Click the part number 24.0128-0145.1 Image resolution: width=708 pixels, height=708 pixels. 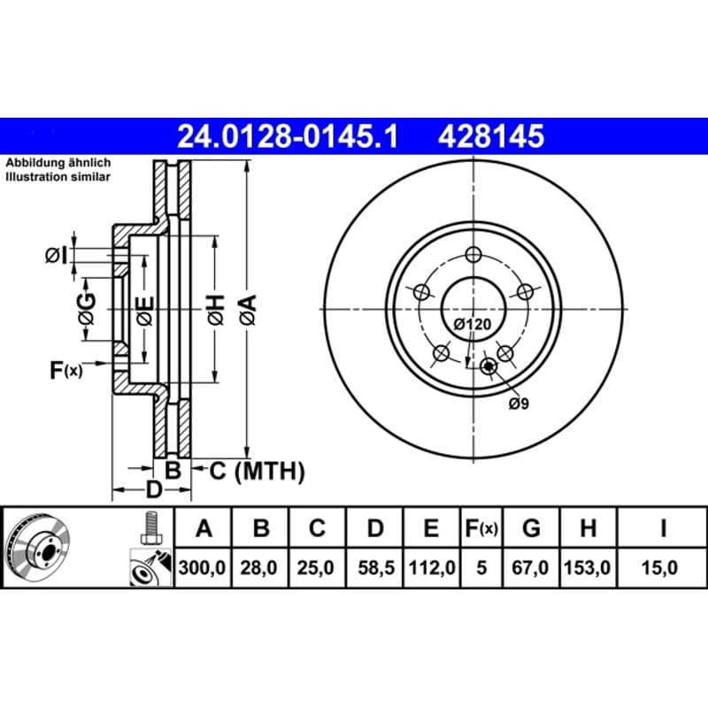click(x=288, y=136)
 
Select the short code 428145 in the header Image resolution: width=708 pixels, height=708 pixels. click(x=491, y=136)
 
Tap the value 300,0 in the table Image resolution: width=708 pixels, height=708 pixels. click(x=202, y=567)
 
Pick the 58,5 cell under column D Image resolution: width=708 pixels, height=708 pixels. click(x=376, y=567)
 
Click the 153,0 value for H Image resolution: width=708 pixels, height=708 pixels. click(x=588, y=567)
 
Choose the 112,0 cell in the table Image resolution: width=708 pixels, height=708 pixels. click(x=432, y=567)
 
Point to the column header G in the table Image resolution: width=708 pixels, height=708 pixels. click(x=531, y=527)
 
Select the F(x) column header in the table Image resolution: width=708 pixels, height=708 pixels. click(x=481, y=527)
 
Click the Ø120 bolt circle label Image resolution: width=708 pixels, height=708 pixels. click(x=473, y=324)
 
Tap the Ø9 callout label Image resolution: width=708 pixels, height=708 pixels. click(x=519, y=404)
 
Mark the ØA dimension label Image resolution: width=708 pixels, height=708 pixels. click(x=248, y=310)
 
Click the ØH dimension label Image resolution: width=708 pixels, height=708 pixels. click(x=216, y=310)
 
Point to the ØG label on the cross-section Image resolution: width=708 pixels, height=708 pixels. click(x=87, y=309)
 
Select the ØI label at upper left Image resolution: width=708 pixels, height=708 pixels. click(x=57, y=256)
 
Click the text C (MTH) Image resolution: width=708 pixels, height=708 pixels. click(x=257, y=471)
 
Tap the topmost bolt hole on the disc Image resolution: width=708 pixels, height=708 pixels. click(x=473, y=255)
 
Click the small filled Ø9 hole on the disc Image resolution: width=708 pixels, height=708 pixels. click(x=489, y=366)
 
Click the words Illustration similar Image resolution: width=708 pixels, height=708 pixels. click(x=58, y=176)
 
